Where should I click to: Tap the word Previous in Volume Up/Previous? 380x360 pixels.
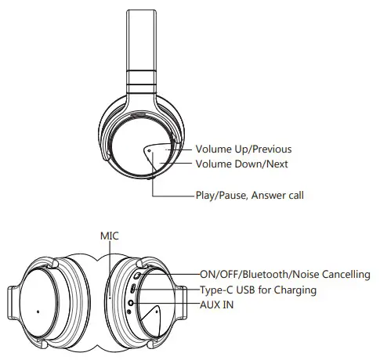267,149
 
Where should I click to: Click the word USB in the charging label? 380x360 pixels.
249,290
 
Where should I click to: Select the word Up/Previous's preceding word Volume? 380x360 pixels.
214,149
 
